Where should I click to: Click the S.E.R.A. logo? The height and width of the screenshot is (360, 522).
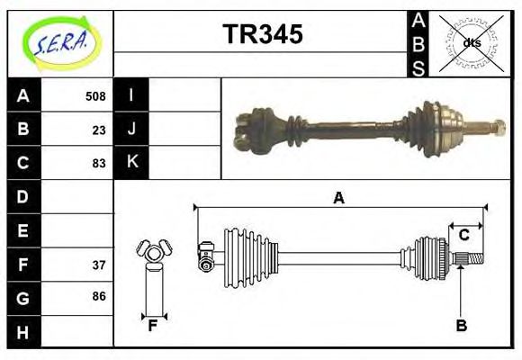tap(60, 42)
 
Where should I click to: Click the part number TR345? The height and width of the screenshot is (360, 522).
tap(262, 35)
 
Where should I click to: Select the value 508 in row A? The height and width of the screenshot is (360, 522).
tap(95, 96)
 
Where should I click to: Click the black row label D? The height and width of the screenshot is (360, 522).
tap(23, 196)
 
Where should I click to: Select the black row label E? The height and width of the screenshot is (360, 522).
tap(23, 230)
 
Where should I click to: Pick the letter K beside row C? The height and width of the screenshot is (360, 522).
tap(132, 163)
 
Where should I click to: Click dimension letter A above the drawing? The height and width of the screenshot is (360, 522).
tap(338, 198)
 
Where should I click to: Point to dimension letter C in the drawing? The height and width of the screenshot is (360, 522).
tap(463, 235)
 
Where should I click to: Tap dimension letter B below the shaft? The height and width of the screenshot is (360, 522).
tap(461, 325)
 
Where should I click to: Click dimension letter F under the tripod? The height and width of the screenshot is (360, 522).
tap(153, 325)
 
